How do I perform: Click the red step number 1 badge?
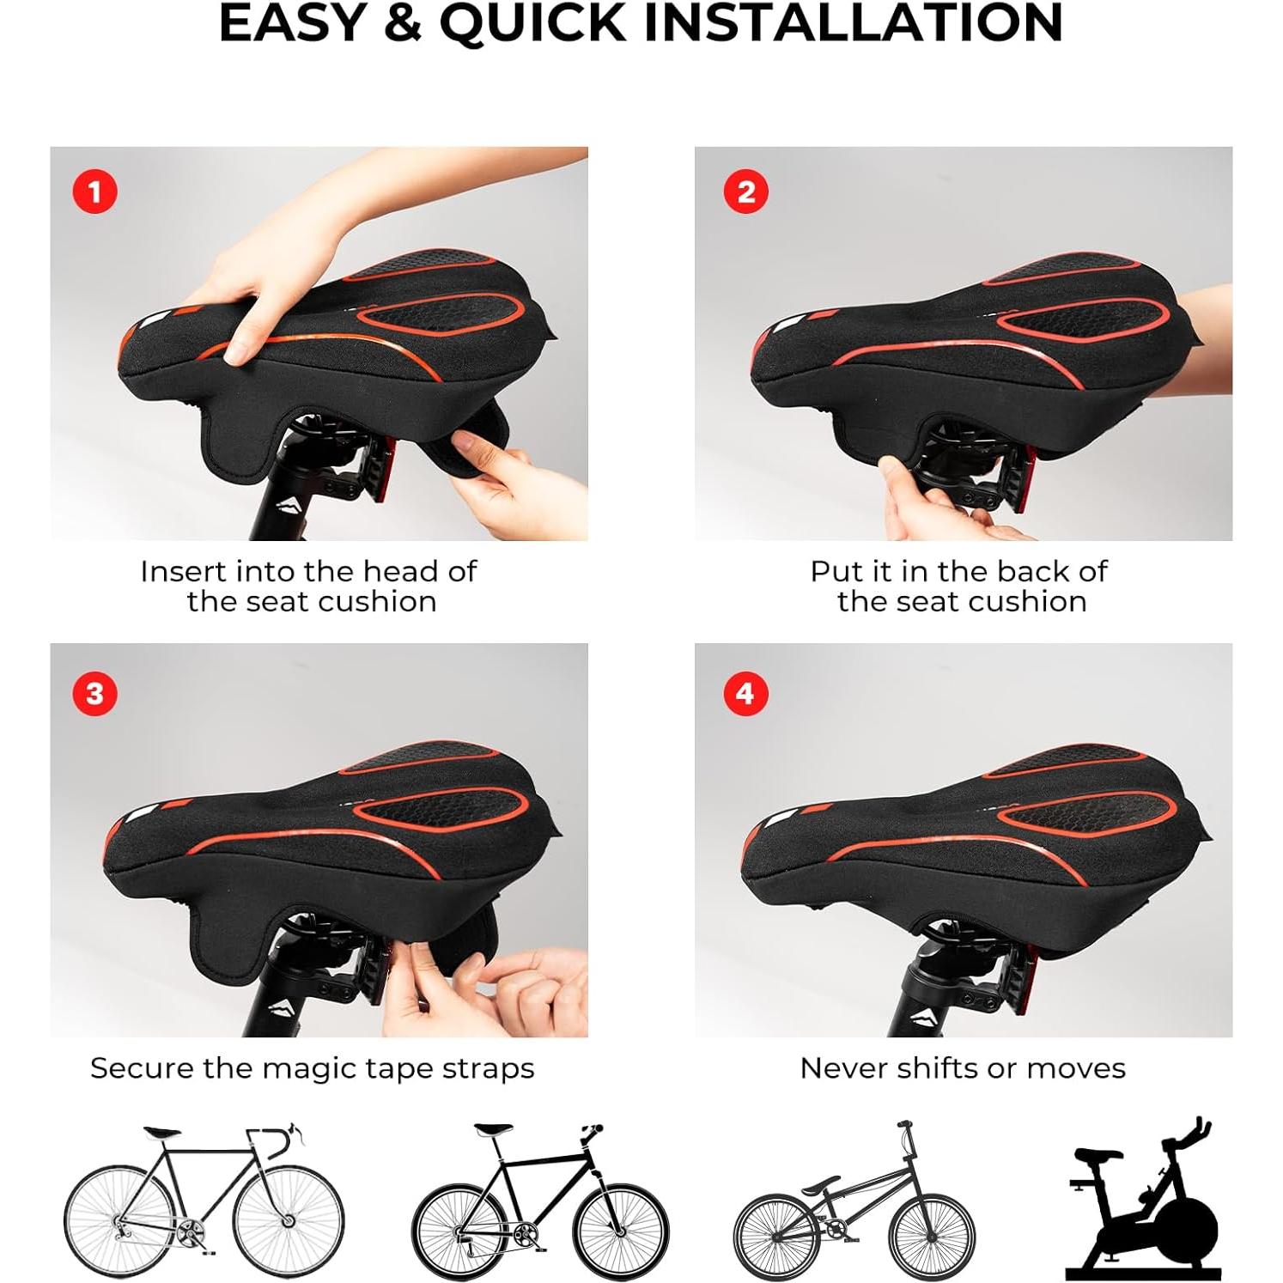point(94,192)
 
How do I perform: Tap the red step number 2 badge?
point(745,192)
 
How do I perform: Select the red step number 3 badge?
point(94,693)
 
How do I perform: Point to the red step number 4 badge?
point(745,693)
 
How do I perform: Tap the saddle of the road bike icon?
point(161,1134)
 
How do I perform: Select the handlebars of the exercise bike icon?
point(1189,1132)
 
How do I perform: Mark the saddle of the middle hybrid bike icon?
point(493,1129)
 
